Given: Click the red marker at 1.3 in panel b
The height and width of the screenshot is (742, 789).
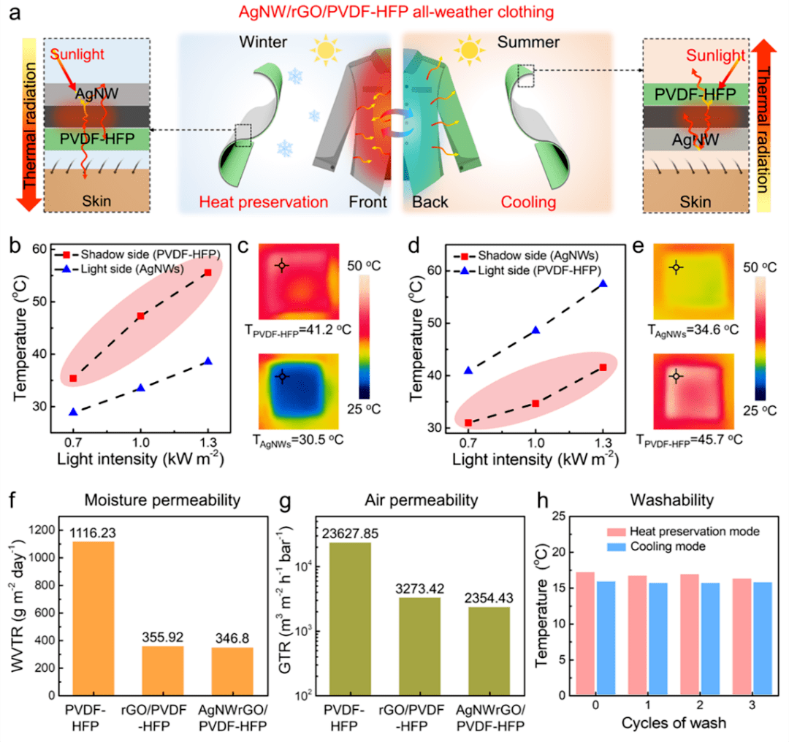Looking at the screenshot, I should pyautogui.click(x=208, y=272).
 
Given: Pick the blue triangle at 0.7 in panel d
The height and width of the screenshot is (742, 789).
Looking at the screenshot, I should pyautogui.click(x=468, y=370).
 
